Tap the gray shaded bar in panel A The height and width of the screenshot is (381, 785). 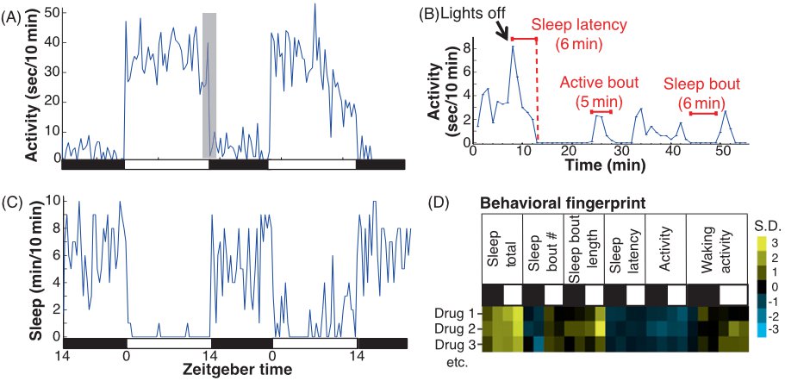[x=209, y=84]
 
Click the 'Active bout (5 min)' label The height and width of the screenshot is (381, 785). [x=601, y=91]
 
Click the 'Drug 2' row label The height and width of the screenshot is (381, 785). [x=453, y=328]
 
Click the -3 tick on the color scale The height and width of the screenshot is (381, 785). [x=772, y=329]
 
